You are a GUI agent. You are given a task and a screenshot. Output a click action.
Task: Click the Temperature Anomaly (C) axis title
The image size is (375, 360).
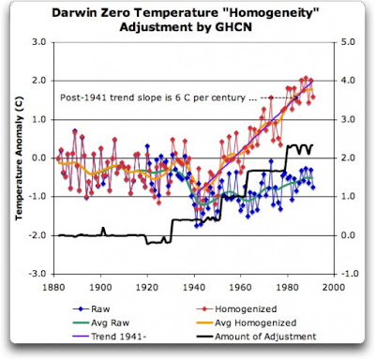(x=20, y=157)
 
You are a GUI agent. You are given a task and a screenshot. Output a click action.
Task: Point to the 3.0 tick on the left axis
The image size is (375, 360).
(x=38, y=42)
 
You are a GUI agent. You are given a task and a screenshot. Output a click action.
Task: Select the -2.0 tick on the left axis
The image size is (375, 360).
(x=37, y=235)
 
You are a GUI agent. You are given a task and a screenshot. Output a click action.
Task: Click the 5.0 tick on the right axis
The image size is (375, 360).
(x=348, y=42)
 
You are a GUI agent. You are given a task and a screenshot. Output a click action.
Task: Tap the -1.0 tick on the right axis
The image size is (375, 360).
(x=346, y=274)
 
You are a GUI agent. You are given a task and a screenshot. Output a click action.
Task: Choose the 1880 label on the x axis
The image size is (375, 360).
(x=53, y=287)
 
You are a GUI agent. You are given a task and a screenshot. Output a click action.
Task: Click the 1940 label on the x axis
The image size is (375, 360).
(x=194, y=287)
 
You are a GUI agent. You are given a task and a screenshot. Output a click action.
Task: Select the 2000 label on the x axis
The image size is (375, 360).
(x=334, y=287)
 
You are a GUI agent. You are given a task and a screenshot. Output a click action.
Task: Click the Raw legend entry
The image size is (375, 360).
(x=91, y=309)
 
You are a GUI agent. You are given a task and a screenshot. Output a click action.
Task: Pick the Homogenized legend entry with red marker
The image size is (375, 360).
(x=236, y=309)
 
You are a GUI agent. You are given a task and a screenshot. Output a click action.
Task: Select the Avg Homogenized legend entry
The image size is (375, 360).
(x=247, y=322)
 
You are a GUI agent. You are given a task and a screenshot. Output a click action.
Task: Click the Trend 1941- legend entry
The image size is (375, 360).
(x=110, y=337)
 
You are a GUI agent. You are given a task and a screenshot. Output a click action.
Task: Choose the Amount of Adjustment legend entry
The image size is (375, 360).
(x=256, y=337)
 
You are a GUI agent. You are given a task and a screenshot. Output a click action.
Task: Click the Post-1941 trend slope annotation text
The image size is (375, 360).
(x=158, y=97)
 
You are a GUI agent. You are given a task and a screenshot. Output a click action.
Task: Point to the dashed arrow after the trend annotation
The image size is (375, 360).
(x=279, y=98)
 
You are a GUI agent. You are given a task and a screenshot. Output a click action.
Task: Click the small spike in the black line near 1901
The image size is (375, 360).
(x=103, y=232)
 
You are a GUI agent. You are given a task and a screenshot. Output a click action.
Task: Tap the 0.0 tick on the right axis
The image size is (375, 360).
(x=348, y=235)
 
